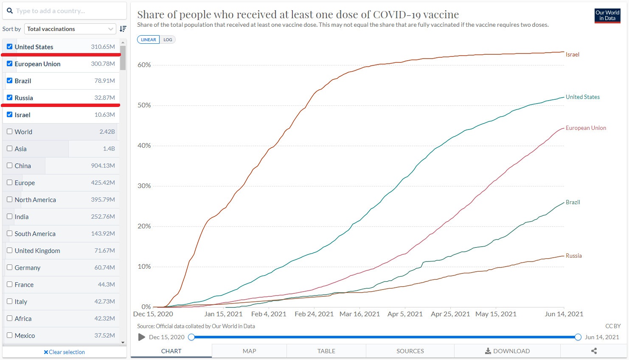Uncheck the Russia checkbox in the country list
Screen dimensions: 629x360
[x=9, y=98]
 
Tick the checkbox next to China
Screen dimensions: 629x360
[x=9, y=166]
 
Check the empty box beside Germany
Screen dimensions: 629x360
[x=9, y=267]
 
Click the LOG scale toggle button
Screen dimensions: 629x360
[x=168, y=39]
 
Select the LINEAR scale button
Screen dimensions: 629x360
[x=148, y=39]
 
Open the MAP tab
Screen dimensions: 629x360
[x=250, y=351]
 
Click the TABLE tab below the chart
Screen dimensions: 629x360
[x=326, y=351]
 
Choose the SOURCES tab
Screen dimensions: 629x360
[x=410, y=351]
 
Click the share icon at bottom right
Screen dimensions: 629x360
[x=594, y=351]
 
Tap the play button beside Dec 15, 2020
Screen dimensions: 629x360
[x=141, y=337]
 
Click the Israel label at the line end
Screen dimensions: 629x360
[x=572, y=54]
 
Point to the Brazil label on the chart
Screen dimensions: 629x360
[x=573, y=202]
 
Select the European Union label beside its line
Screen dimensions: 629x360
[x=586, y=128]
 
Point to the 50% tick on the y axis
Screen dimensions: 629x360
[x=144, y=105]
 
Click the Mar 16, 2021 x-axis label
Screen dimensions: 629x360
[x=359, y=314]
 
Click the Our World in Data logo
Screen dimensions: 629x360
[x=607, y=16]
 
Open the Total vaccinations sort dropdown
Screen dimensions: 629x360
[x=70, y=29]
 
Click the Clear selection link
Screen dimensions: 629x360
[x=65, y=352]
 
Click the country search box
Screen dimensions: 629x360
[x=65, y=11]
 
